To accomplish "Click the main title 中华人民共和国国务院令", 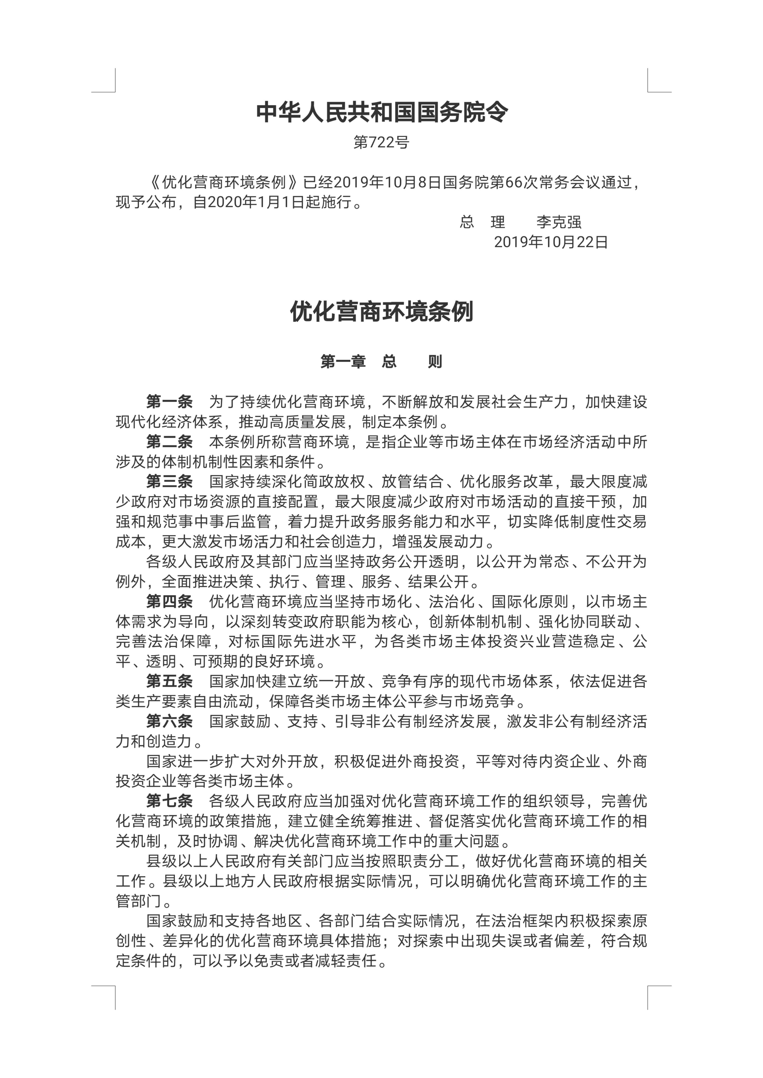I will point(381,113).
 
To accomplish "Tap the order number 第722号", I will point(381,142).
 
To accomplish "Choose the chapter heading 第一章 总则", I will point(381,362).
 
